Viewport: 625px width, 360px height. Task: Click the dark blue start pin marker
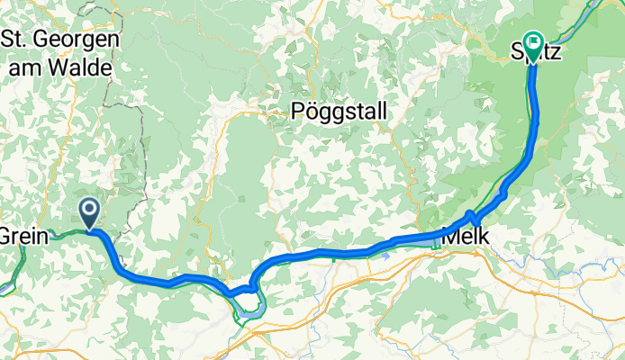tap(90, 213)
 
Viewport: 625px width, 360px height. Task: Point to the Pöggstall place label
tap(340, 112)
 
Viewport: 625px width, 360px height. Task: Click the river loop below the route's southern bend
tap(248, 311)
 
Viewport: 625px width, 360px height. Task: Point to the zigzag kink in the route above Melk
tap(473, 218)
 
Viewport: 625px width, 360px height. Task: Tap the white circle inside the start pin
tap(90, 210)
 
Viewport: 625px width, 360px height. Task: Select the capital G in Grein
tap(7, 237)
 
